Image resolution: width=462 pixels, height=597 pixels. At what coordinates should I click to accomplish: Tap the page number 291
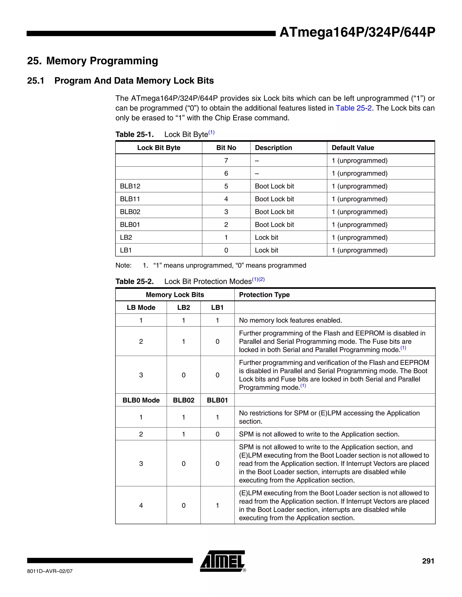click(428, 561)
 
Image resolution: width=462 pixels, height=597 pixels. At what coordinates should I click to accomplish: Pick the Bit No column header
click(226, 148)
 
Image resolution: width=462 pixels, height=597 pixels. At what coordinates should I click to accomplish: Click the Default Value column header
click(353, 148)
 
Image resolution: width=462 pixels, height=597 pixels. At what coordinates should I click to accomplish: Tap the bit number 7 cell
click(226, 160)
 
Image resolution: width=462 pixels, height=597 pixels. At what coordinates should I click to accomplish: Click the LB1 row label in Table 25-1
click(126, 250)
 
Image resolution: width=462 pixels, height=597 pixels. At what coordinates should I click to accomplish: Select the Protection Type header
click(264, 295)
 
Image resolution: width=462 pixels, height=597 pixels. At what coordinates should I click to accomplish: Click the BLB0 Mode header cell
click(141, 400)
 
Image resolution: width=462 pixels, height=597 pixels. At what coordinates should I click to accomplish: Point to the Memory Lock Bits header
click(175, 295)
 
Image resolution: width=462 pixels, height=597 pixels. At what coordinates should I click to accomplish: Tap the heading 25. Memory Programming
click(92, 61)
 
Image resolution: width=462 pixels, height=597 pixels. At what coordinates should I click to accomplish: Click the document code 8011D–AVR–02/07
click(50, 571)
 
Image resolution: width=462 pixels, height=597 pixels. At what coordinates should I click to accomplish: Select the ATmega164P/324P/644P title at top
click(357, 32)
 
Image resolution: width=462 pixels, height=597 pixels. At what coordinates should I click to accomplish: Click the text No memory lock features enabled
click(290, 320)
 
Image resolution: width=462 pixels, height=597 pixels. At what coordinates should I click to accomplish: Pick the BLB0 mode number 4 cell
click(141, 506)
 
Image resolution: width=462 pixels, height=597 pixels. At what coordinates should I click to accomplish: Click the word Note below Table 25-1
click(123, 265)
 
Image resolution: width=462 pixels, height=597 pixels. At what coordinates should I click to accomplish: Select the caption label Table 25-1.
click(134, 134)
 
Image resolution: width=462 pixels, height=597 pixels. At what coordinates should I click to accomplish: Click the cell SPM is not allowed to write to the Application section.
click(319, 434)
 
